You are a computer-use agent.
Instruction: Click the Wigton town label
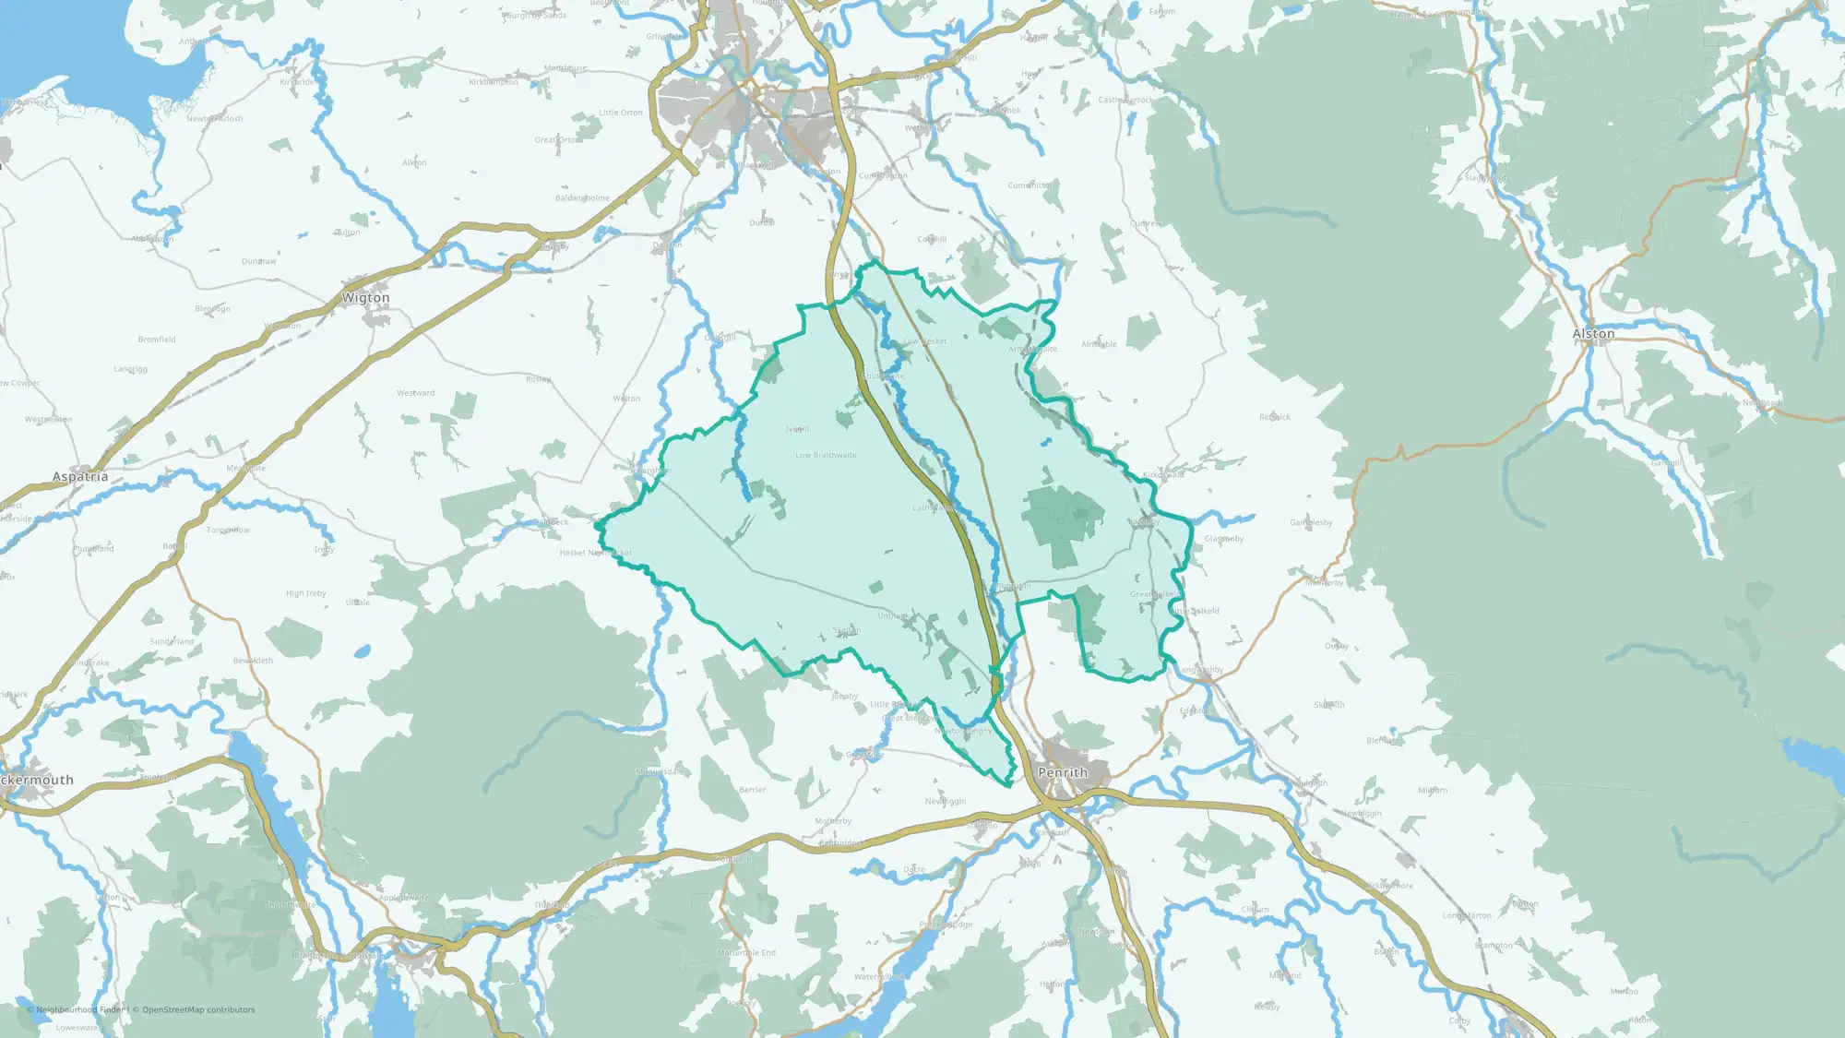(365, 298)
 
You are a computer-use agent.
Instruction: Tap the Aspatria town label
(80, 477)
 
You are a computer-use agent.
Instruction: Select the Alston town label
(1593, 334)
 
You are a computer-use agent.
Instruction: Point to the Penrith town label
(1063, 772)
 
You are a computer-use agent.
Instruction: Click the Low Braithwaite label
(826, 455)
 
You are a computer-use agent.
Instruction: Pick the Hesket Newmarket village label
(595, 553)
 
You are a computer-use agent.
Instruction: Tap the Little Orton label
(621, 113)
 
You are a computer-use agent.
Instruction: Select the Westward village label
(415, 393)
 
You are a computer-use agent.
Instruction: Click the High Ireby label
(306, 593)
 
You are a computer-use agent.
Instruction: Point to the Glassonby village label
(1224, 539)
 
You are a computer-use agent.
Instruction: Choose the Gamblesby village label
(1311, 522)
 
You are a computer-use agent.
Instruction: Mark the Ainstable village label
(1099, 344)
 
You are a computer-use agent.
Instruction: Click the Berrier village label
(752, 790)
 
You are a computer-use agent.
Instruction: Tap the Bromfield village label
(157, 340)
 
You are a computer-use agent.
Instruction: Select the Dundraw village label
(258, 261)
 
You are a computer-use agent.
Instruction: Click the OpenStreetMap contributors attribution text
(198, 1009)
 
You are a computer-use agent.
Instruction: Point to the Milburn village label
(1433, 791)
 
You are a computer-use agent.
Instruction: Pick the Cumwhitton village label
(1030, 185)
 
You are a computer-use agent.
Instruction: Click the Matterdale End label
(747, 952)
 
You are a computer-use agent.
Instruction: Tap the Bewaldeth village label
(253, 661)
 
